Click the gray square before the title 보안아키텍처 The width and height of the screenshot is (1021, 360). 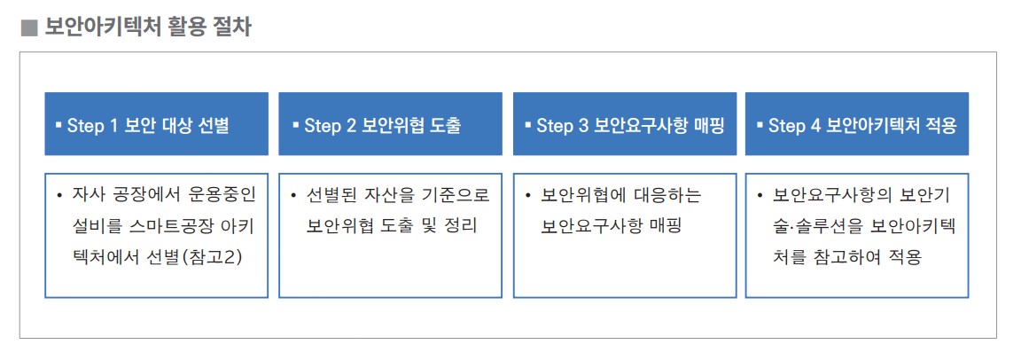pos(29,28)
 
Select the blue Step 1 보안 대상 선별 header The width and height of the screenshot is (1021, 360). pos(156,123)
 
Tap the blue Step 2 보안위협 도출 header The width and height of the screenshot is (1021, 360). pos(390,123)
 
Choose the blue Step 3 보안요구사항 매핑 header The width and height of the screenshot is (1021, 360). pos(625,123)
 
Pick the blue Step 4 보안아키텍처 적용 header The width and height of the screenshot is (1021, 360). pos(857,123)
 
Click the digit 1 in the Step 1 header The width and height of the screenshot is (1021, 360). pos(113,126)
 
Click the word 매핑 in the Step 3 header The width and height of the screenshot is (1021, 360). pos(709,126)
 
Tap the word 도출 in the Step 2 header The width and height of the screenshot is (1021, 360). pos(446,126)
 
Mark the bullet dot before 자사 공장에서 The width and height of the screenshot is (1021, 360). pos(60,196)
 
